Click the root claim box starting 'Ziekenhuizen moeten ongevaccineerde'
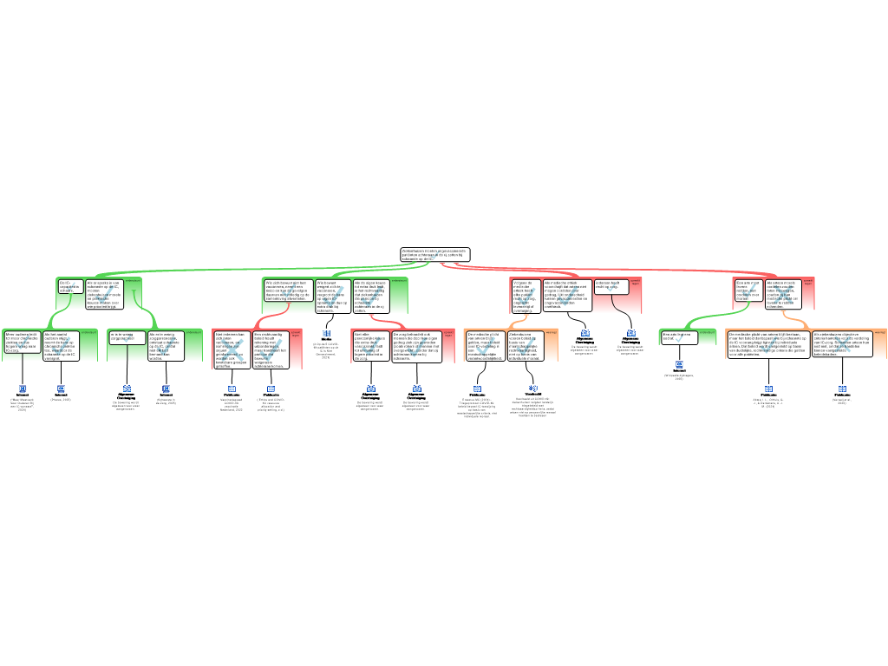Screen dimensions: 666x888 pyautogui.click(x=434, y=253)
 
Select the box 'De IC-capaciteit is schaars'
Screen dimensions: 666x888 pyautogui.click(x=69, y=287)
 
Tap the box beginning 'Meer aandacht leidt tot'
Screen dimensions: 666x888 pyautogui.click(x=22, y=343)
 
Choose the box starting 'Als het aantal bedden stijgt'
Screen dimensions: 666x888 pyautogui.click(x=62, y=345)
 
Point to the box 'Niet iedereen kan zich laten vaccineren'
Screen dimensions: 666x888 pyautogui.click(x=232, y=349)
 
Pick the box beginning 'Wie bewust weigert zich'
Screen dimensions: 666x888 pyautogui.click(x=332, y=296)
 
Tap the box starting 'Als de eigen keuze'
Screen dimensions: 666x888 pyautogui.click(x=370, y=296)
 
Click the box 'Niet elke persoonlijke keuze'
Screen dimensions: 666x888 pyautogui.click(x=370, y=345)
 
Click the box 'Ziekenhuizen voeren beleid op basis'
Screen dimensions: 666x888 pyautogui.click(x=525, y=345)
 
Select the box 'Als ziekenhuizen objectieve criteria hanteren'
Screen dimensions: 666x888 pyautogui.click(x=847, y=343)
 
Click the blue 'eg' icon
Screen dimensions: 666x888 pyautogui.click(x=532, y=388)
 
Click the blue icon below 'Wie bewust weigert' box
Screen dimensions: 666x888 pyautogui.click(x=326, y=333)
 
